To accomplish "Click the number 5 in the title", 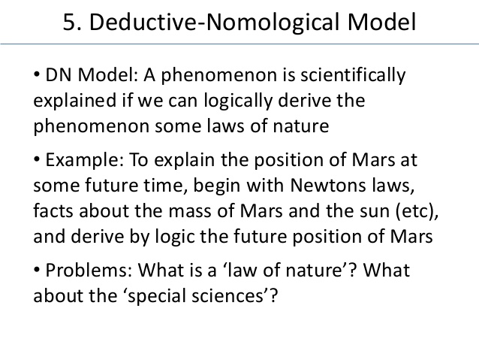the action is (70, 23).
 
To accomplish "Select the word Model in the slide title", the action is (382, 22).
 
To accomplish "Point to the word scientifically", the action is (353, 75).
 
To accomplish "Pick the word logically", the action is (238, 101).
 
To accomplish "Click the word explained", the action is (75, 101).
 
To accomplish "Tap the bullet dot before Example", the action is (37, 159).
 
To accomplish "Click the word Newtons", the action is (328, 186).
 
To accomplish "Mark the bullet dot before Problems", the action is (37, 270).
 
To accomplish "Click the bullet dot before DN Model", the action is (37, 74).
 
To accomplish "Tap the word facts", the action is (53, 210).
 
